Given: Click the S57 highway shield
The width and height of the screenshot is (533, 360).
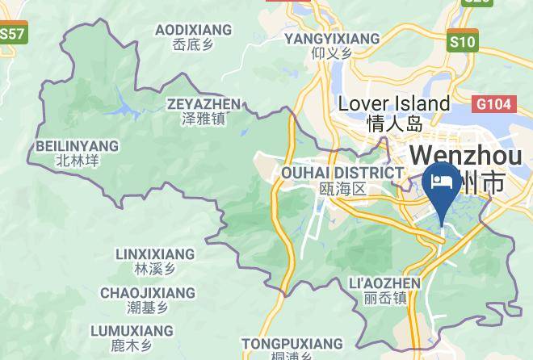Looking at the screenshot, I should click(11, 34).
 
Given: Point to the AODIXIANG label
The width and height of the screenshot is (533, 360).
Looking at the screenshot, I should click(193, 30).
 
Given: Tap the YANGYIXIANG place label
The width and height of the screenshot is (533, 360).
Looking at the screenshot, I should click(332, 38).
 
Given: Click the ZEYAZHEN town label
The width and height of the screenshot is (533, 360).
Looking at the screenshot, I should click(204, 104).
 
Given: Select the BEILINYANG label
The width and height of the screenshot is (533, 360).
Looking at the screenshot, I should click(78, 146).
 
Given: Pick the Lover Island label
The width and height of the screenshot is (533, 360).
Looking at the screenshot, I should click(394, 104).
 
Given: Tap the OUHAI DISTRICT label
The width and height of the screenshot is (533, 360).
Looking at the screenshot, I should click(342, 173).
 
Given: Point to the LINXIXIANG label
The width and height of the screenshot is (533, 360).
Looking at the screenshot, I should click(155, 254).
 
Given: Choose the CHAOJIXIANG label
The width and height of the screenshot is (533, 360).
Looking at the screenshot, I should click(148, 292).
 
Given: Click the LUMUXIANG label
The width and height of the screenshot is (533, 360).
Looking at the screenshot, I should click(132, 331).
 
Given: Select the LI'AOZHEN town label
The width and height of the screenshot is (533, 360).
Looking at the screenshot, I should click(383, 283).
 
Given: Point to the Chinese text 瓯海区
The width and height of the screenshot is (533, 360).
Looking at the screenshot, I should click(342, 189).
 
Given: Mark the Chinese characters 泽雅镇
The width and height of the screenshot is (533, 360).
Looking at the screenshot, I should click(204, 119).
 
